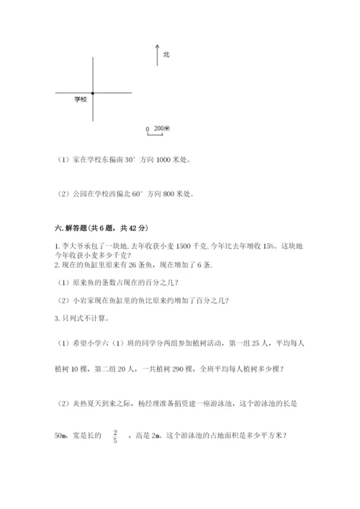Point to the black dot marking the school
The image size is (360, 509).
[93, 92]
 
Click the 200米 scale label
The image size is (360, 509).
[162, 129]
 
